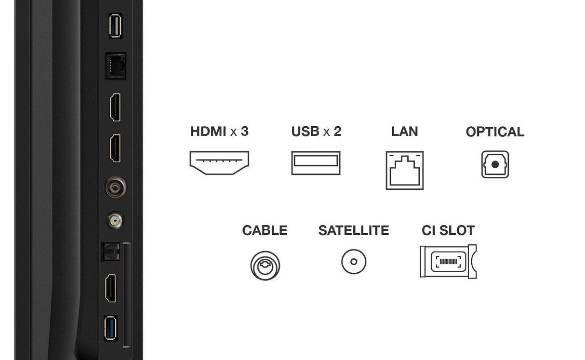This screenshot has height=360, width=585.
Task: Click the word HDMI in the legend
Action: coord(208,131)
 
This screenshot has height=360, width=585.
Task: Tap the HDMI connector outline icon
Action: coord(219,163)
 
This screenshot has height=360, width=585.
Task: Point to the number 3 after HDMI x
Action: coord(244,131)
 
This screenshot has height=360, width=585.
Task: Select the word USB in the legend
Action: coord(306,131)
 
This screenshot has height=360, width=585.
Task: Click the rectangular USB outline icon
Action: coord(316,163)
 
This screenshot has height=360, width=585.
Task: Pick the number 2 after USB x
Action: coord(337,131)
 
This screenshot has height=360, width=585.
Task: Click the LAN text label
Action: coord(404,131)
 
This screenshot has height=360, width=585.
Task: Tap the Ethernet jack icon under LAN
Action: coord(404,170)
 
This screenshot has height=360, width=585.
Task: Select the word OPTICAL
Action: coord(495,132)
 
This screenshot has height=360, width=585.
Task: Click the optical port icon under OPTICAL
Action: coord(495,164)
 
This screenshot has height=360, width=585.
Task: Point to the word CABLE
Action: coord(265,230)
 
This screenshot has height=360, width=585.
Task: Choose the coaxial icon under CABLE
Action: coord(265,266)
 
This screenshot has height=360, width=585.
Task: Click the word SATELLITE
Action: coord(353,230)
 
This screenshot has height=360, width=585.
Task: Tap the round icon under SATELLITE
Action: coord(354,262)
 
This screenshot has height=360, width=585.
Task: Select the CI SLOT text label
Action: coord(448,230)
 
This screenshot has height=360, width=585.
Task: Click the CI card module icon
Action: coord(448,262)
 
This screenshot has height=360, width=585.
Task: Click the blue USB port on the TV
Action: coord(110,328)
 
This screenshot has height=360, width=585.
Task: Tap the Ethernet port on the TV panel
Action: coord(116,66)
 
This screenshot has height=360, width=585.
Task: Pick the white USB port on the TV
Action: coord(115,26)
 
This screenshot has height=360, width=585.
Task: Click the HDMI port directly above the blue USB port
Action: coord(111,288)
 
